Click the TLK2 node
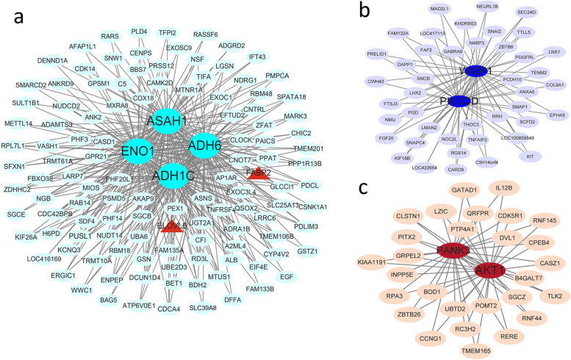pyautogui.click(x=553, y=295)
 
